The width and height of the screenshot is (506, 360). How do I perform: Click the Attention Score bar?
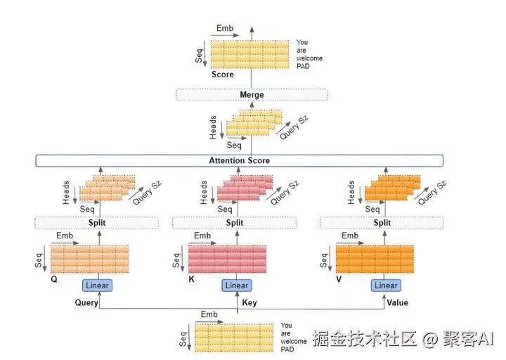point(239,160)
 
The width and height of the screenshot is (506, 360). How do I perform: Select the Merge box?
point(251,95)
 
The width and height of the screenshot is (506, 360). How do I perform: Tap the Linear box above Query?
point(98,285)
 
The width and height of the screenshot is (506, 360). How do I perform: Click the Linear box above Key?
point(236,285)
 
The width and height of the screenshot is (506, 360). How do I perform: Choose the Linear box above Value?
point(386,285)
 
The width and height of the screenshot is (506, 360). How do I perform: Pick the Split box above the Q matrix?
point(96,223)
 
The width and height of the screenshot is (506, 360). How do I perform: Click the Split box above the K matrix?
point(235,223)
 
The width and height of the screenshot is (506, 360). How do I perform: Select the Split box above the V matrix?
point(382,223)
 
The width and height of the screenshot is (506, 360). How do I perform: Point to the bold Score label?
point(223,74)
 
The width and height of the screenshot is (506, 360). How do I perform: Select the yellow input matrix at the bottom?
point(234,337)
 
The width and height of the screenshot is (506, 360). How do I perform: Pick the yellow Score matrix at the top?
point(250,54)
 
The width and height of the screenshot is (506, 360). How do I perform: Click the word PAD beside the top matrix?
point(303,66)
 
